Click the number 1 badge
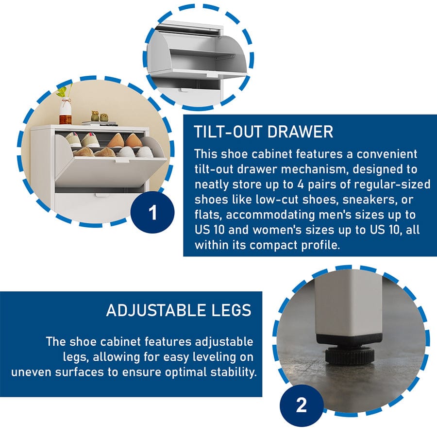152,212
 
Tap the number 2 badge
302,405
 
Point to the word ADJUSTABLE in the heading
156,310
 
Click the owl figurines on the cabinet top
100,117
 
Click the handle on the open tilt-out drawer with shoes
122,161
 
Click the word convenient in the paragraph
387,154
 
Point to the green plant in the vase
65,91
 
